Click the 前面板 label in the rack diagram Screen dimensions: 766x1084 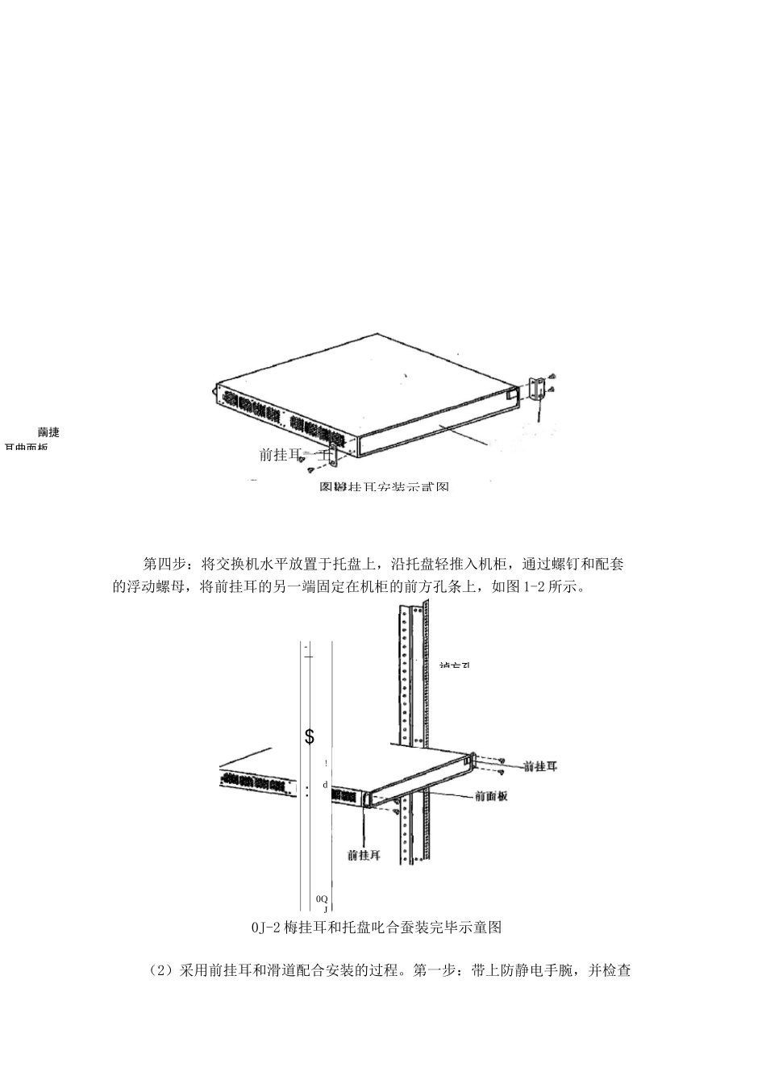(491, 795)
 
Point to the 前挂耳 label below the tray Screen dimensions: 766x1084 (364, 855)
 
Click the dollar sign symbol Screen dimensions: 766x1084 (310, 736)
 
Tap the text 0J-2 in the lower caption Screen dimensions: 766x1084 (265, 927)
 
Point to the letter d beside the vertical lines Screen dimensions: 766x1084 (325, 784)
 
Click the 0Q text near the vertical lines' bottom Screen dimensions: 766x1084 (322, 898)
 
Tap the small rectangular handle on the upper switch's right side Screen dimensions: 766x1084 (510, 395)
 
